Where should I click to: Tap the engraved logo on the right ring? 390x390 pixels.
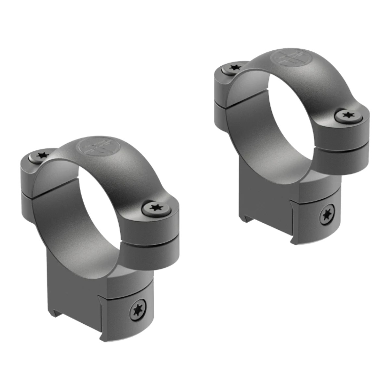287,58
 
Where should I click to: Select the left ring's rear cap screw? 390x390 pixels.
42,155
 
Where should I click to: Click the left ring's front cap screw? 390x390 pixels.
157,208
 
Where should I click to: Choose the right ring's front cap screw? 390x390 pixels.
348,115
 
